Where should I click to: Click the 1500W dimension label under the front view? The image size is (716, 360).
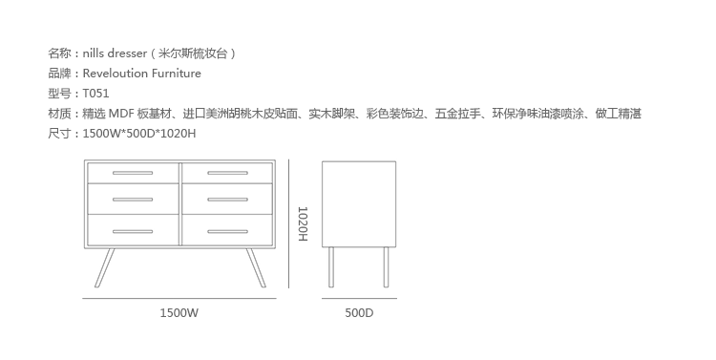[x=179, y=313]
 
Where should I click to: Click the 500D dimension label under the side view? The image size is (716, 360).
[x=359, y=313]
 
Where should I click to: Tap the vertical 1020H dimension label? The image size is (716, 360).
[x=303, y=223]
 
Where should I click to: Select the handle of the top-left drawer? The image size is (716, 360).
[x=133, y=173]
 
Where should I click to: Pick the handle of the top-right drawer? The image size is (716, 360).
[x=227, y=173]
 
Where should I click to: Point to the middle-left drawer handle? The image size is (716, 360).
[x=133, y=200]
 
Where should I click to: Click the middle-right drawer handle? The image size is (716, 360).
[x=227, y=200]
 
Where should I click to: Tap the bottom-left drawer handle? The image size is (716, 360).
[x=133, y=232]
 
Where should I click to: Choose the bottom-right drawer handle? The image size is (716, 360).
[x=227, y=232]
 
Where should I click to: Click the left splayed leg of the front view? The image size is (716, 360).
[x=104, y=268]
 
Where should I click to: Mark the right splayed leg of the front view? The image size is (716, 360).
[x=256, y=268]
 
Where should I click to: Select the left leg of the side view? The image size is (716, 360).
[x=331, y=267]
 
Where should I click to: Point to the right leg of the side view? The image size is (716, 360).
[x=386, y=267]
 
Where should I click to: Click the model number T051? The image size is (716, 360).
[x=95, y=94]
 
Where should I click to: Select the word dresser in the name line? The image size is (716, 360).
[x=127, y=53]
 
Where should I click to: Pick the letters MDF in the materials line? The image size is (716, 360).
[x=120, y=114]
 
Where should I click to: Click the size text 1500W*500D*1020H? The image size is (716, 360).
[x=139, y=134]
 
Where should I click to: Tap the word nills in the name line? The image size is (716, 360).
[x=94, y=53]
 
